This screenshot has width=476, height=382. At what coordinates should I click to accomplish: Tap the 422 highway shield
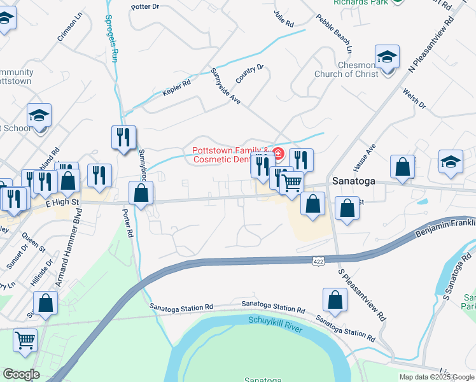click(319, 261)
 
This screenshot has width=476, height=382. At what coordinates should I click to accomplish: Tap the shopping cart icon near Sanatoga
click(291, 183)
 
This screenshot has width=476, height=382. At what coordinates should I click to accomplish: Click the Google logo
click(21, 374)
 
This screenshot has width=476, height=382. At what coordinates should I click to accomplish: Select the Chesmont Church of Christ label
click(346, 69)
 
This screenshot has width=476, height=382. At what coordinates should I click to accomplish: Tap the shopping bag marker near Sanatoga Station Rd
click(335, 300)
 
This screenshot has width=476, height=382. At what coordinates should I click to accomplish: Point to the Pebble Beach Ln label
click(336, 34)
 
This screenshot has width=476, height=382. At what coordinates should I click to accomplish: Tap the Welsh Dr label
click(414, 99)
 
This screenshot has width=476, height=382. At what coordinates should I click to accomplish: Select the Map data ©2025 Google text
click(437, 377)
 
